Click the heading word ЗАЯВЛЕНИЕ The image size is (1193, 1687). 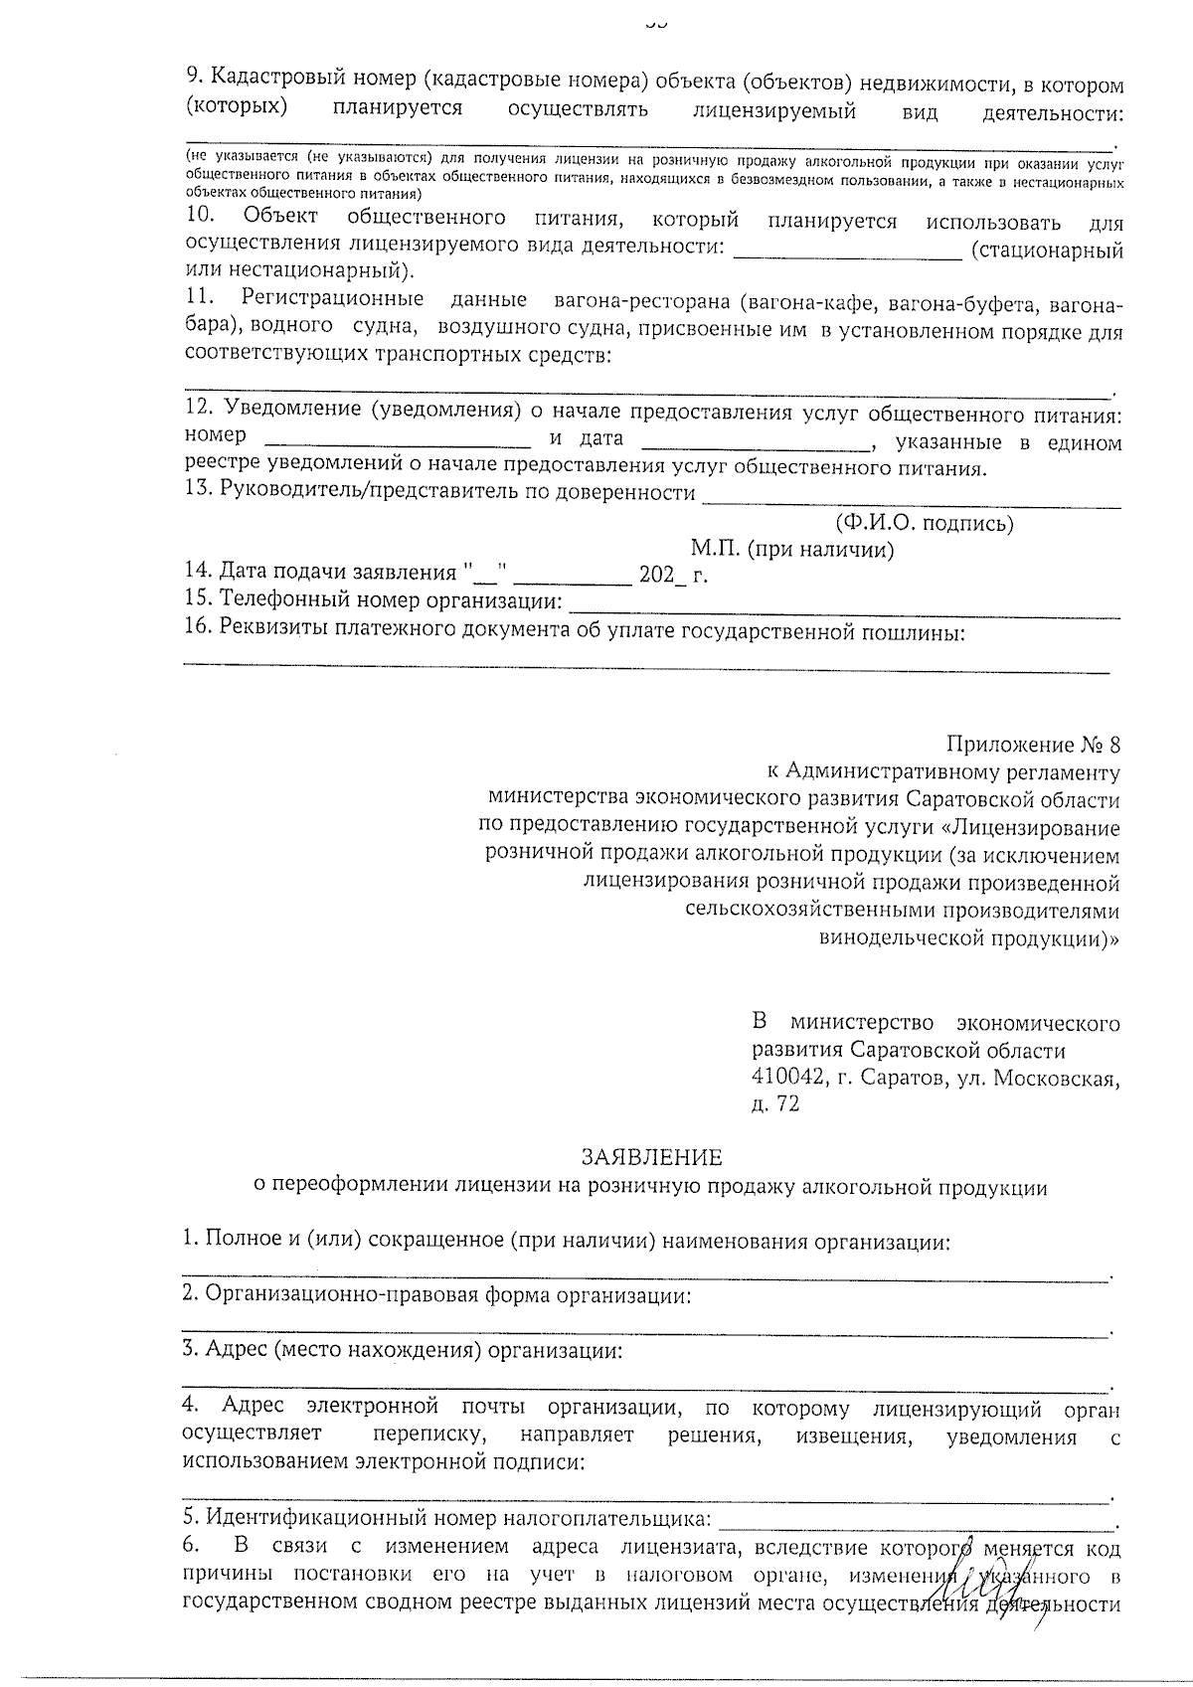point(652,1157)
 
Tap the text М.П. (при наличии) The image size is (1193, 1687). point(792,550)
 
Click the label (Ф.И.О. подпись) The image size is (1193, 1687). point(924,523)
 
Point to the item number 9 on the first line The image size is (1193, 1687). point(194,86)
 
